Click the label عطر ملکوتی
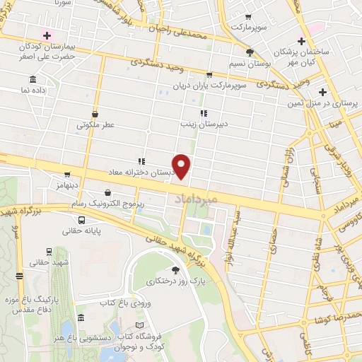point(95,124)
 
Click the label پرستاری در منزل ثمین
point(322,104)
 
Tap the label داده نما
point(33,90)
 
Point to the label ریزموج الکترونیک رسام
point(106,203)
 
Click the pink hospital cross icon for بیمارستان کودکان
point(47,35)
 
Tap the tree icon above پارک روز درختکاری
point(176,270)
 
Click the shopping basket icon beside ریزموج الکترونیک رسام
point(107,192)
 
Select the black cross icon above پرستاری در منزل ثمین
point(322,92)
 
